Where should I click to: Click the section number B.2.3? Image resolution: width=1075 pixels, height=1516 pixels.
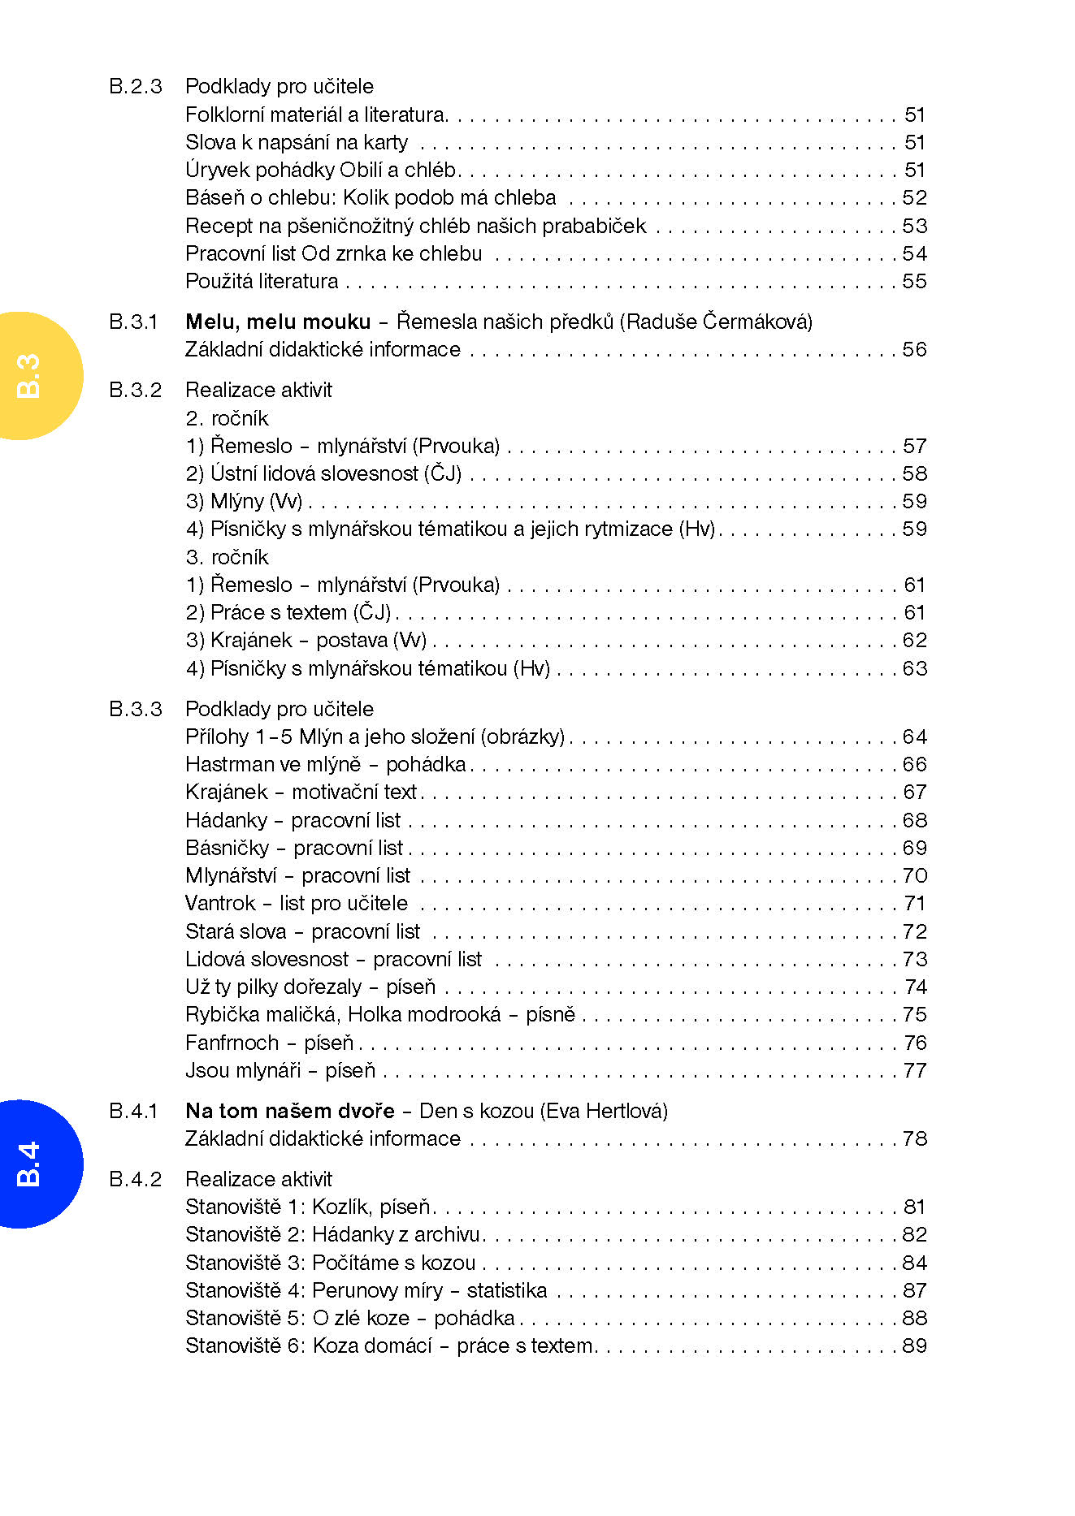point(135,86)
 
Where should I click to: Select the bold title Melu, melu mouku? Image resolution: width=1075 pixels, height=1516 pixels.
point(278,322)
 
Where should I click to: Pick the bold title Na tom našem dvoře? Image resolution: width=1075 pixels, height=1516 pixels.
point(289,1110)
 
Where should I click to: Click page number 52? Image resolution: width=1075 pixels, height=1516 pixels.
point(914,197)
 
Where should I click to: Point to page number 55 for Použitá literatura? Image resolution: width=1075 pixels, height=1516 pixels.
point(914,281)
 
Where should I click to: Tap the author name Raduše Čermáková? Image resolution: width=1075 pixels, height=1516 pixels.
point(715,322)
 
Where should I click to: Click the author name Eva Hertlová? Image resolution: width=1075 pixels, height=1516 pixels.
point(604,1110)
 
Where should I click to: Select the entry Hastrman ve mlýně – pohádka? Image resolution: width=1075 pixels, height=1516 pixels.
point(325,764)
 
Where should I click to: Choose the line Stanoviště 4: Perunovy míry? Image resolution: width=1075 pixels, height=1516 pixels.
point(366,1290)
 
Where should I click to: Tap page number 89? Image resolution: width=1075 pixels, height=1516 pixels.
point(914,1345)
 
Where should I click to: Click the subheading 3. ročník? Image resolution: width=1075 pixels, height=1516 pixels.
point(227,557)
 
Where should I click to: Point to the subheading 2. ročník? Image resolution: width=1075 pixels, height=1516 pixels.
point(227,418)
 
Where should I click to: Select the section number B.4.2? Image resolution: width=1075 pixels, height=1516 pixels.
point(135,1179)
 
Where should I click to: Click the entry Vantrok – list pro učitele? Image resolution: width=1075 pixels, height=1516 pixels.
point(296,903)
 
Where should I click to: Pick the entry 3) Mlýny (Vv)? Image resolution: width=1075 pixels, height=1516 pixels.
point(244,501)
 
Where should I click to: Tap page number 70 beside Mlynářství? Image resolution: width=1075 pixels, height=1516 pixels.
point(914,875)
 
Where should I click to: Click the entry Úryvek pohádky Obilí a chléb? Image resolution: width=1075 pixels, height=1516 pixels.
point(322,170)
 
